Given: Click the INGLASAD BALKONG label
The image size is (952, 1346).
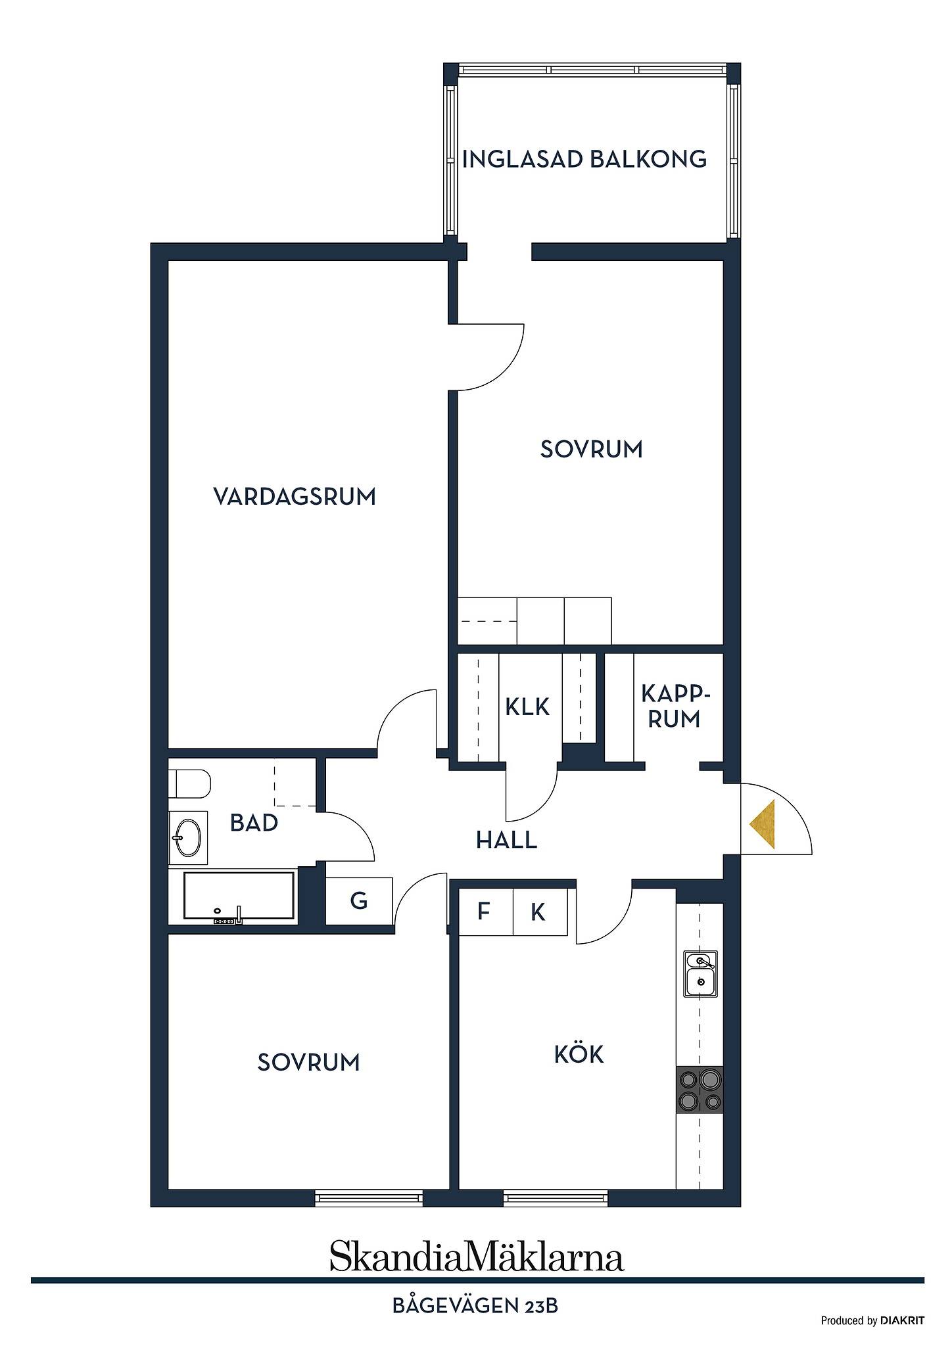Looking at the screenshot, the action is pos(584,159).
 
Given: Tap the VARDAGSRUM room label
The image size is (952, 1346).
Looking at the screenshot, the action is pos(295,496).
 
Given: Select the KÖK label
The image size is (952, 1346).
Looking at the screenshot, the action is pos(579,1054).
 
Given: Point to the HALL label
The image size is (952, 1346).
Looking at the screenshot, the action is pos(506,840).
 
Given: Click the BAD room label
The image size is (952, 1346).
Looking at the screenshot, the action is pos(254,823).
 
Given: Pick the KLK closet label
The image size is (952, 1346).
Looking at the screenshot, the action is pos(527,707).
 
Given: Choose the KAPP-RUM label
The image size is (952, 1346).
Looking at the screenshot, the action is pos(675,707).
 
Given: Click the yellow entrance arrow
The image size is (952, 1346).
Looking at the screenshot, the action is pos(762,824).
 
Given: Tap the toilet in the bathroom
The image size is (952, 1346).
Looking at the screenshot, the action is pos(190,783).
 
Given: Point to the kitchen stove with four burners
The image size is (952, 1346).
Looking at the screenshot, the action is pos(700,1089).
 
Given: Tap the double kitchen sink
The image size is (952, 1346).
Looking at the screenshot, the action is pos(700,973).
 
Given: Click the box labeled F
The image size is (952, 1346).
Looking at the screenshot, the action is pos(485,912).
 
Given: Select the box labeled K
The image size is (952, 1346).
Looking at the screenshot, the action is pos(540,912).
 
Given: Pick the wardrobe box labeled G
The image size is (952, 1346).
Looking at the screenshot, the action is pos(359,900).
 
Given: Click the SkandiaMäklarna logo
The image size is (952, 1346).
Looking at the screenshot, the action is pos(477,1257).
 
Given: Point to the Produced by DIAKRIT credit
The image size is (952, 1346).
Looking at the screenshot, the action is pos(872,1320).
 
